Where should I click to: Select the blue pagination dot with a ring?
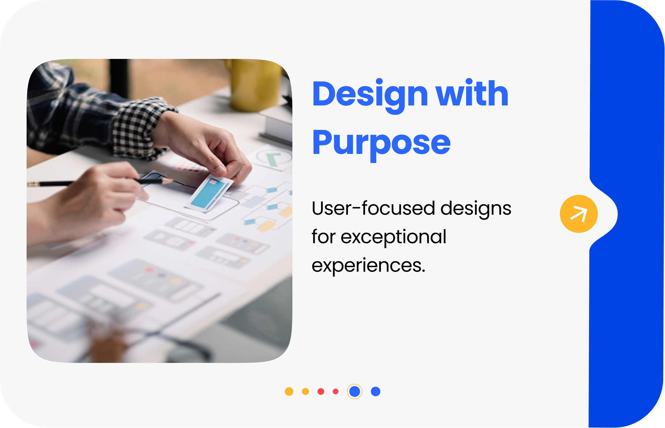tap(355, 391)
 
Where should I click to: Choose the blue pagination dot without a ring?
tap(375, 391)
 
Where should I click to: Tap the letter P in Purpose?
tap(322, 142)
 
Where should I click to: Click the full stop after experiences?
tap(423, 271)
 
